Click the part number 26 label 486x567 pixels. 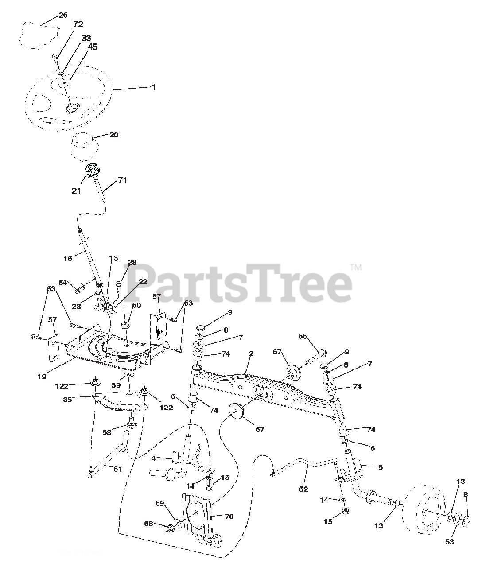coord(63,15)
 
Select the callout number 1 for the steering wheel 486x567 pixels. coord(154,88)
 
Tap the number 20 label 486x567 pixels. coord(114,135)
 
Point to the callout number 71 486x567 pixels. coord(122,180)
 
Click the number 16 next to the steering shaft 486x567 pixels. coord(68,258)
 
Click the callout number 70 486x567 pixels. coord(229,517)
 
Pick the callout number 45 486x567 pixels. coord(93,47)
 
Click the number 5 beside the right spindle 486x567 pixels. coord(380,467)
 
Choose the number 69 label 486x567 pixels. coord(159,503)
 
